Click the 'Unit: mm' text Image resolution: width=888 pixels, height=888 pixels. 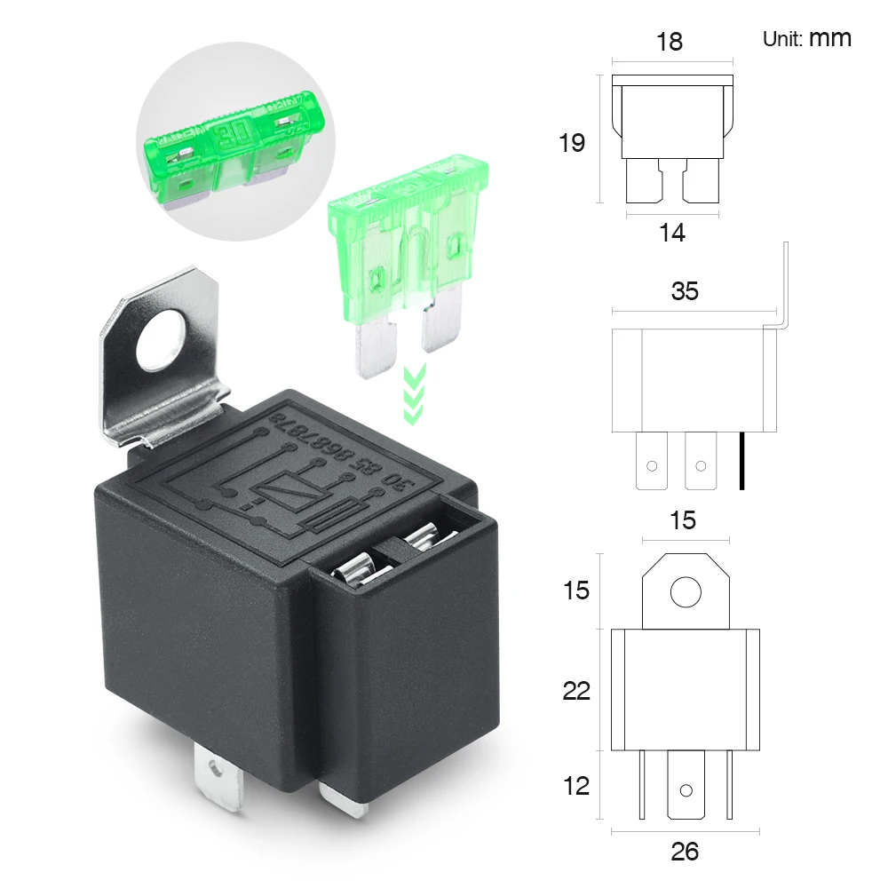coord(806,38)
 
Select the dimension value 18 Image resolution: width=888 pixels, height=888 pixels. coord(670,42)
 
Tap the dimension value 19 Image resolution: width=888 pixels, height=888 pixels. coord(572,142)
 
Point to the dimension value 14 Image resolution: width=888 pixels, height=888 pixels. coord(672,233)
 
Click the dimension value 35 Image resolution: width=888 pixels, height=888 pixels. coord(685,291)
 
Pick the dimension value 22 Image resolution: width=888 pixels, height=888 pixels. coord(576,690)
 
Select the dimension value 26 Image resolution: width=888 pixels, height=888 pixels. coord(685,852)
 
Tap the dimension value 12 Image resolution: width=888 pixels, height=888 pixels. coord(576,786)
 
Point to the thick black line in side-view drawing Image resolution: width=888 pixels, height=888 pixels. coord(741,461)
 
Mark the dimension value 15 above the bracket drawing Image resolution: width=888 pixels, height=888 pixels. coord(682,520)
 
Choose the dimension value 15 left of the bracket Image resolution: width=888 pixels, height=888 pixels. coord(576,590)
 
